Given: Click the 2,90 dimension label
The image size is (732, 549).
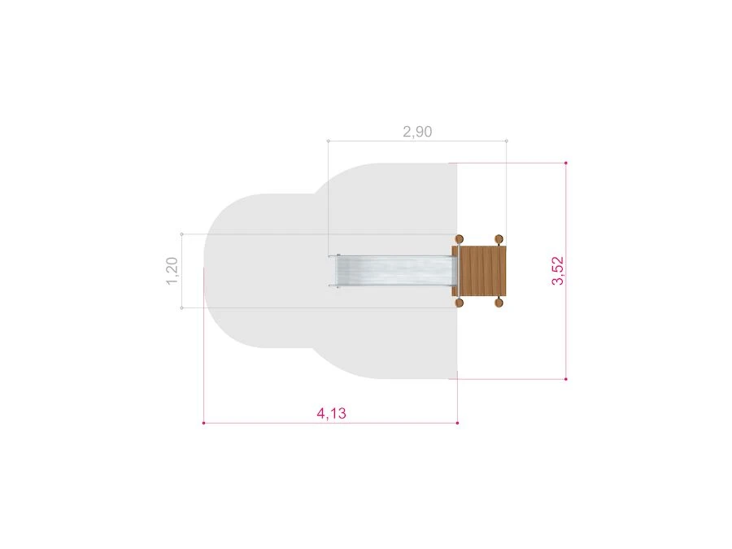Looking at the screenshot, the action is point(417,132).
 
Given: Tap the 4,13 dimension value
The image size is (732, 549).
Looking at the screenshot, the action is point(332,414).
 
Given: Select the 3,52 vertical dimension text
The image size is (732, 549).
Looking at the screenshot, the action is point(558,271).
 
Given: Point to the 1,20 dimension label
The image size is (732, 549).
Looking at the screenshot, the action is point(172,271).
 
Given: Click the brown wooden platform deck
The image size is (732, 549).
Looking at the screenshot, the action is point(481,271).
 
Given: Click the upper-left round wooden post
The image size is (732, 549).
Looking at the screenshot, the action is point(460,239).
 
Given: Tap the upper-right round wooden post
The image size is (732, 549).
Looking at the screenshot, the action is point(499,239).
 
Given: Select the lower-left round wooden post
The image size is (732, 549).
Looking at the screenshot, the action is point(460,303).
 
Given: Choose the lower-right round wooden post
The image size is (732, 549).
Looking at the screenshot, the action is point(499,303).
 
